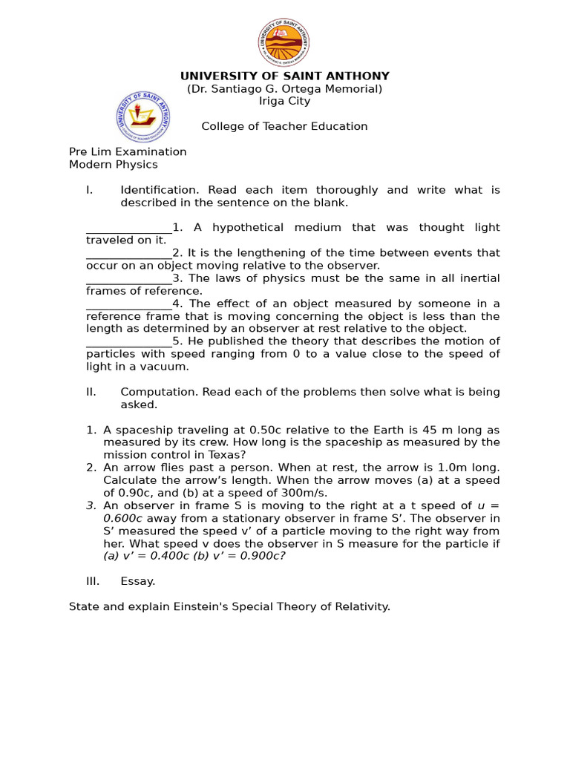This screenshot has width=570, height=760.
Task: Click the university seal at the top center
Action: coord(284,42)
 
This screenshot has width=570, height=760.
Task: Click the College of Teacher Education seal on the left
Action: coord(142,117)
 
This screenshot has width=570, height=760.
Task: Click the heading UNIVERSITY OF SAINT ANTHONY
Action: coord(285,76)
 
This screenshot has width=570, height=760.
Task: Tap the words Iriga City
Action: coord(284,102)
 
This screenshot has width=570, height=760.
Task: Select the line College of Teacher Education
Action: coord(284,127)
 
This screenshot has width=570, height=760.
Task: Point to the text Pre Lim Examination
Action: coord(128,152)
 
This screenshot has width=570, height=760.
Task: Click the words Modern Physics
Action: coord(114,165)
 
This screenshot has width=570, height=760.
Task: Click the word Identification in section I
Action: coord(156,190)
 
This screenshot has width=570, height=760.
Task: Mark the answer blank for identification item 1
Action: coord(128,228)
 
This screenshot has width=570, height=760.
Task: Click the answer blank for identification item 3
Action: coord(128,278)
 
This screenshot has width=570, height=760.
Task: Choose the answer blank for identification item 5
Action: coord(128,341)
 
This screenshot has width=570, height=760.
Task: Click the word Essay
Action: coord(137,582)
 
